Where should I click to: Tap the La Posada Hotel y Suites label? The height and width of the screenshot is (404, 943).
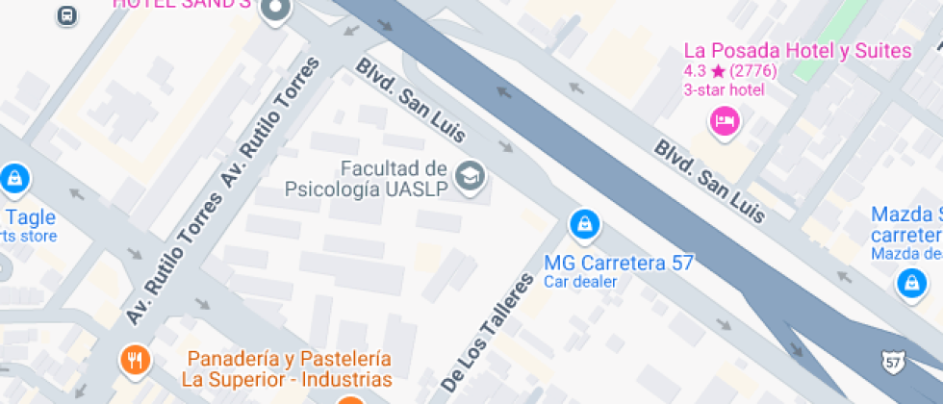click(x=797, y=51)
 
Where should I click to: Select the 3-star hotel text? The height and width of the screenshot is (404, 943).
click(x=724, y=89)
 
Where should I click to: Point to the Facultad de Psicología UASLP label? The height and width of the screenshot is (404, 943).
click(x=367, y=178)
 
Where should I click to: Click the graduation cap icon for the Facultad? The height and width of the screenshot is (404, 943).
click(x=471, y=176)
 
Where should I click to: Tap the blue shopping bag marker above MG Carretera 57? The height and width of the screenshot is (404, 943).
click(x=583, y=225)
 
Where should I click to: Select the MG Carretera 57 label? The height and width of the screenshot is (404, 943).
click(x=618, y=263)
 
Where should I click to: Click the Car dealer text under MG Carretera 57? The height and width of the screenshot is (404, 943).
click(x=579, y=282)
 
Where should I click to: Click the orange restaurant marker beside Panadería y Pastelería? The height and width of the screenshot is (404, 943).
click(x=134, y=360)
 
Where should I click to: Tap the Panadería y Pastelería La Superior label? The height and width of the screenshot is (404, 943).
click(x=289, y=368)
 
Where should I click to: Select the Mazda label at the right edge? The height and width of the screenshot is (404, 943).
click(x=905, y=224)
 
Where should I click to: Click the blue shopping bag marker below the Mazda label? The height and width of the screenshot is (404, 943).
click(x=909, y=283)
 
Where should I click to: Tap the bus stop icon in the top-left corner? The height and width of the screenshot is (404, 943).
click(x=66, y=14)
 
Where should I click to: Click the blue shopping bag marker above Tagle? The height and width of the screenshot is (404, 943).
click(x=14, y=178)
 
